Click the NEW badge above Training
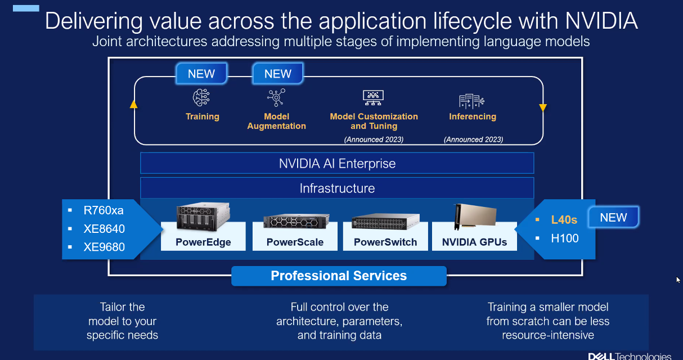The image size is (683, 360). tap(201, 74)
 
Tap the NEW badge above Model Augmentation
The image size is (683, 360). tap(277, 74)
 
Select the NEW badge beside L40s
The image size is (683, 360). tap(613, 218)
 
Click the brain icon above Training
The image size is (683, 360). tap(202, 98)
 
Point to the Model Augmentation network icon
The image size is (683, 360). tap(276, 97)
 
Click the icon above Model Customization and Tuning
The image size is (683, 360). tap(374, 98)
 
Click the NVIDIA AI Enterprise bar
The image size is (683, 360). tap(337, 164)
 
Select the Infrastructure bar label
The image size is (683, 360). tap(337, 188)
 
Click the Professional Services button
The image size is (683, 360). tap(339, 276)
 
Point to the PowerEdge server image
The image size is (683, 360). tap(203, 218)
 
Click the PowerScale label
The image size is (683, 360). tap(295, 242)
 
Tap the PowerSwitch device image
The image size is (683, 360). tap(385, 222)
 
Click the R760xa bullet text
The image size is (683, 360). tap(104, 211)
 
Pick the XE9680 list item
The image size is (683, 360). tap(104, 247)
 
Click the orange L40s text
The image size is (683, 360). tap(564, 220)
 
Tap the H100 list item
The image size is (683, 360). tap(565, 238)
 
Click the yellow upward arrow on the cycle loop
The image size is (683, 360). tap(134, 104)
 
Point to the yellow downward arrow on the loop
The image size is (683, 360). tap(543, 107)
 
